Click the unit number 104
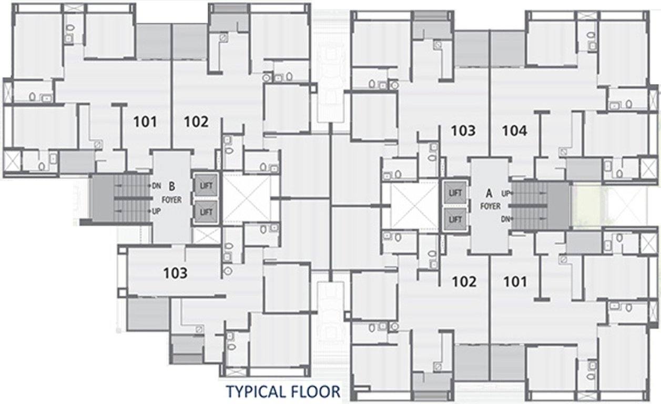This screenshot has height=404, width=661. pyautogui.click(x=514, y=130)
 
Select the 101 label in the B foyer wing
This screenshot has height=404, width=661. pyautogui.click(x=145, y=122)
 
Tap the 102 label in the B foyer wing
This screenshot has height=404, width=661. pyautogui.click(x=196, y=122)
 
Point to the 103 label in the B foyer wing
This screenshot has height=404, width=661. pyautogui.click(x=175, y=273)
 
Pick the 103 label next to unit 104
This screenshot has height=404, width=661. pyautogui.click(x=463, y=130)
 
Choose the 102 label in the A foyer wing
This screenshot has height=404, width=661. pyautogui.click(x=464, y=281)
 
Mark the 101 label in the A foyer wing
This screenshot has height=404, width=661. pyautogui.click(x=515, y=281)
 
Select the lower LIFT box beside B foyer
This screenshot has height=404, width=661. pyautogui.click(x=206, y=212)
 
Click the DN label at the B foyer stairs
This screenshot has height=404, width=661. pyautogui.click(x=157, y=186)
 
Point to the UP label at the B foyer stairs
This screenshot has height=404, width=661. pyautogui.click(x=156, y=211)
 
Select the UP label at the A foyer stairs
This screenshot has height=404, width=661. pyautogui.click(x=506, y=194)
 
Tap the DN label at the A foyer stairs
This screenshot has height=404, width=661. pyautogui.click(x=506, y=219)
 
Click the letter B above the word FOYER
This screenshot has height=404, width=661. pyautogui.click(x=172, y=186)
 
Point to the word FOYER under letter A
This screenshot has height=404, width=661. pyautogui.click(x=490, y=207)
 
